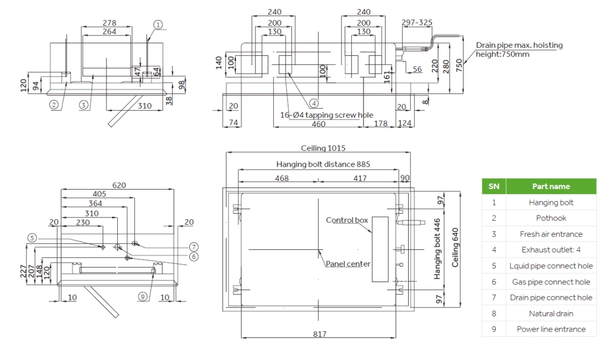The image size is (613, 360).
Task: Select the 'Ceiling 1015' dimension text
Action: (x=319, y=148)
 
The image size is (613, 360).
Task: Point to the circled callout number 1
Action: (x=158, y=24)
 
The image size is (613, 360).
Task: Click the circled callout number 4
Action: (x=314, y=102)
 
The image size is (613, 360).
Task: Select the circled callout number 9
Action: (x=142, y=296)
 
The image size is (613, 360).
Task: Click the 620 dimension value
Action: (x=119, y=185)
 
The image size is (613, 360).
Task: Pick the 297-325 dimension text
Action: (x=417, y=22)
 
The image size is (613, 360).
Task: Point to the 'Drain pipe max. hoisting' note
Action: (x=519, y=46)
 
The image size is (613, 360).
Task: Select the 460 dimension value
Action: (x=319, y=124)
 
